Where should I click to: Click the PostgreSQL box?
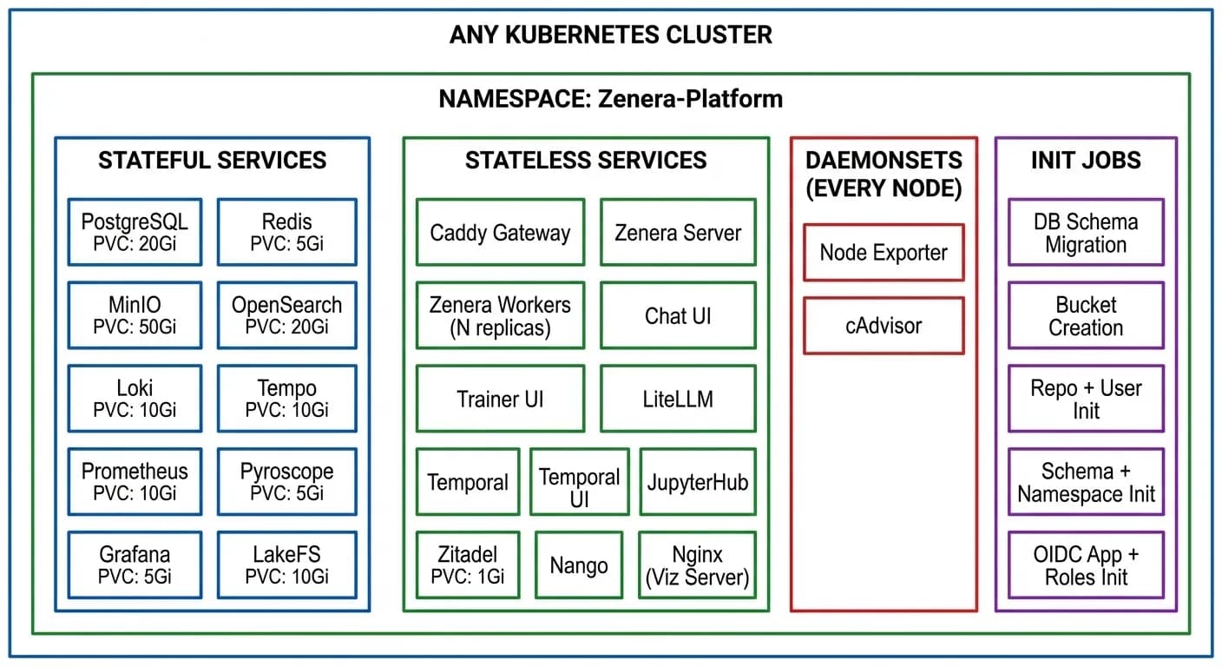[x=135, y=232]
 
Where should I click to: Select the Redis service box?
[x=286, y=232]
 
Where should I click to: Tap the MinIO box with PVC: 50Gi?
[x=135, y=315]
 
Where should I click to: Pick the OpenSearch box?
[x=286, y=315]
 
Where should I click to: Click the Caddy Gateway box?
[x=500, y=232]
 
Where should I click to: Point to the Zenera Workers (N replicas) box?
[x=500, y=316]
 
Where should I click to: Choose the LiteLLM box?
[x=678, y=399]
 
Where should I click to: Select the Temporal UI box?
[x=579, y=482]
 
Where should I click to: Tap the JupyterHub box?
[x=697, y=482]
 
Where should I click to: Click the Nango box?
[x=579, y=565]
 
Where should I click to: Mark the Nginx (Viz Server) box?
[x=697, y=565]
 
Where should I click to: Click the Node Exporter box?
[x=884, y=253]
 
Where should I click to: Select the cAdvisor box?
[x=884, y=326]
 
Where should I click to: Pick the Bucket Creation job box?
[x=1086, y=316]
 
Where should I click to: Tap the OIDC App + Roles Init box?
[x=1086, y=565]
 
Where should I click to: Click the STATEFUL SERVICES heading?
[x=212, y=161]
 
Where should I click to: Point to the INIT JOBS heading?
[x=1086, y=161]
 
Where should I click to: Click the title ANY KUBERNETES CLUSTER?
[x=610, y=36]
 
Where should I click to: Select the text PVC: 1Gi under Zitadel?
[x=468, y=577]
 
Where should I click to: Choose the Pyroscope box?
[x=286, y=482]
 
